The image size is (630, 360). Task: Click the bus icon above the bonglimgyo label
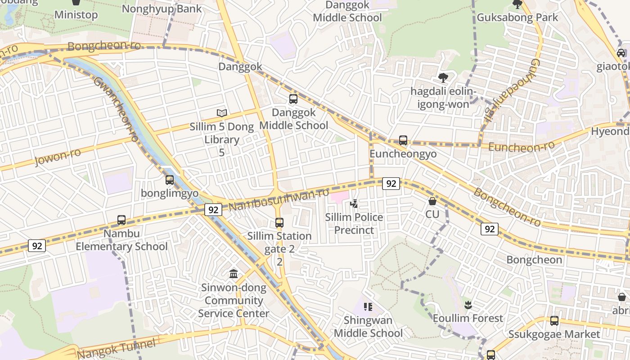pos(170,180)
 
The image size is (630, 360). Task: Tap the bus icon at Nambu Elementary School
pos(121,220)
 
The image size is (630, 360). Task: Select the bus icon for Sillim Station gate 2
pos(279,222)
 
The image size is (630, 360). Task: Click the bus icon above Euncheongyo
pos(403,140)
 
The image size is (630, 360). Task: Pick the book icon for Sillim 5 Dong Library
pos(221,113)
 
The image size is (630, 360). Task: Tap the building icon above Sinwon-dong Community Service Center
pos(234,274)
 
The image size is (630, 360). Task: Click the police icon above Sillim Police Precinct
pos(355,204)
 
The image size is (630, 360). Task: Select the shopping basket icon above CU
pos(432,201)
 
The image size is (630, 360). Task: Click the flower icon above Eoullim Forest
pos(468,305)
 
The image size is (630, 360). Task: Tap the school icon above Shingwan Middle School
pos(368,307)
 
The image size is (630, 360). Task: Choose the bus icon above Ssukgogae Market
pos(554,321)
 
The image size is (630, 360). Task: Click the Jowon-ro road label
pos(58,157)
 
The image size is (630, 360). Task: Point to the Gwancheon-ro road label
pos(115,109)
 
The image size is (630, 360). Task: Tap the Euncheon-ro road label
pos(521,147)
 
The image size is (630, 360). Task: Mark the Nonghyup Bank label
pos(162,9)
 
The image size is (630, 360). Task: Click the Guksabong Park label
pos(517,18)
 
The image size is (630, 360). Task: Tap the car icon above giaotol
pos(621,53)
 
